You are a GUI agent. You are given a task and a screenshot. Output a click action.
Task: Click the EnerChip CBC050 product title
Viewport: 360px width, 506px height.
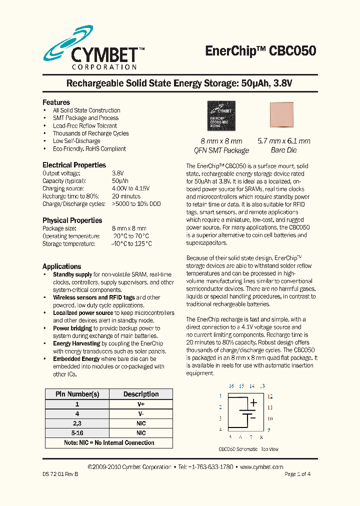[260, 51]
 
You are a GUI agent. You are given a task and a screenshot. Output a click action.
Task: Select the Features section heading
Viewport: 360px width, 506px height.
[56, 102]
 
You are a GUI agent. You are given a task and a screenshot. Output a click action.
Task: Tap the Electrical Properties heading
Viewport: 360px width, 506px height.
[74, 165]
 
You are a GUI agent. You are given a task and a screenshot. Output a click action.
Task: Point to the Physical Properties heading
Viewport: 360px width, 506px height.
[72, 220]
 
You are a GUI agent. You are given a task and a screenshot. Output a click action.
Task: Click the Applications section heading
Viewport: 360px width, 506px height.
[61, 266]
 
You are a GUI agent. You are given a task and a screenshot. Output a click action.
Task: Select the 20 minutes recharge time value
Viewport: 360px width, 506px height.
[126, 196]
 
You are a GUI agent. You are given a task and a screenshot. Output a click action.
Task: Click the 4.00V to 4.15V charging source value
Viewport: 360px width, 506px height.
[130, 188]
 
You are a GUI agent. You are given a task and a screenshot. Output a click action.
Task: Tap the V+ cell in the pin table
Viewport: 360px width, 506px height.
[141, 404]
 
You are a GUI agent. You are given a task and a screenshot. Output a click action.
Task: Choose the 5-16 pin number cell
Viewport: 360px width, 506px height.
[77, 433]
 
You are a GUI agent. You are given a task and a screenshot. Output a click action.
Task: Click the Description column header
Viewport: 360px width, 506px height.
[141, 394]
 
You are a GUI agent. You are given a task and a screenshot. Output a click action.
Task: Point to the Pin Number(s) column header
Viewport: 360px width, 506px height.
[77, 394]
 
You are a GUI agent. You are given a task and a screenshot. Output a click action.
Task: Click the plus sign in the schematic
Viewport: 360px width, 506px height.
[253, 402]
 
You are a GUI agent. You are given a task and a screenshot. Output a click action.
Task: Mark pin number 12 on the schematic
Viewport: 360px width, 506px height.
[269, 396]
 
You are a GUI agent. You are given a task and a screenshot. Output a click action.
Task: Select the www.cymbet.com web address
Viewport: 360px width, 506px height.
[261, 467]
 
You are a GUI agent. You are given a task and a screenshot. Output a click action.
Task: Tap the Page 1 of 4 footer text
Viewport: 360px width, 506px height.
[297, 474]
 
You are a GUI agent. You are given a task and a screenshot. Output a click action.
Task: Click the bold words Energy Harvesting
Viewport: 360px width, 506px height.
[76, 343]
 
